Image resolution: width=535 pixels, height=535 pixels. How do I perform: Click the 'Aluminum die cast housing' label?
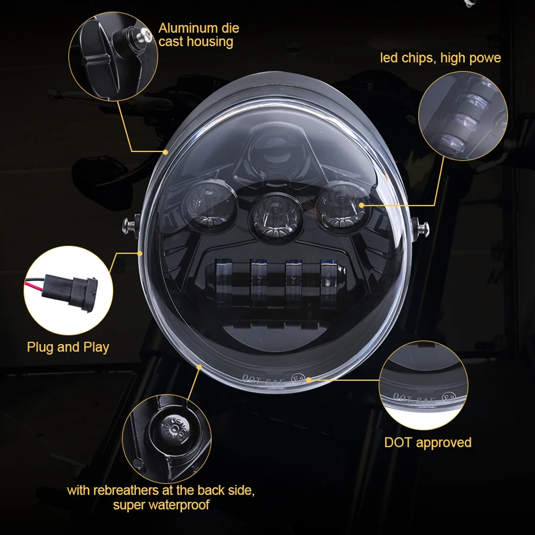click(x=198, y=35)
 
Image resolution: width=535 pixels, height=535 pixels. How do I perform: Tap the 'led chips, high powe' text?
click(x=440, y=58)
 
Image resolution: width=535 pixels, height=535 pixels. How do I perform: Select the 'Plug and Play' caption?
click(x=68, y=347)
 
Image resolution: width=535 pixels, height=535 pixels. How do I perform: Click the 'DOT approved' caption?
click(x=427, y=442)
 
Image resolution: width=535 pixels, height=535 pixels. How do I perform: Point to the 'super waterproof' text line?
click(x=161, y=504)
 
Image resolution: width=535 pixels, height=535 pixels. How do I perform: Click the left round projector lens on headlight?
click(x=209, y=203)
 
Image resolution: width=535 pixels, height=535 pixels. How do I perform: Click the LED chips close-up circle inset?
click(x=462, y=116)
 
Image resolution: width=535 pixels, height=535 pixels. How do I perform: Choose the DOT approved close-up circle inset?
click(x=423, y=387)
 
